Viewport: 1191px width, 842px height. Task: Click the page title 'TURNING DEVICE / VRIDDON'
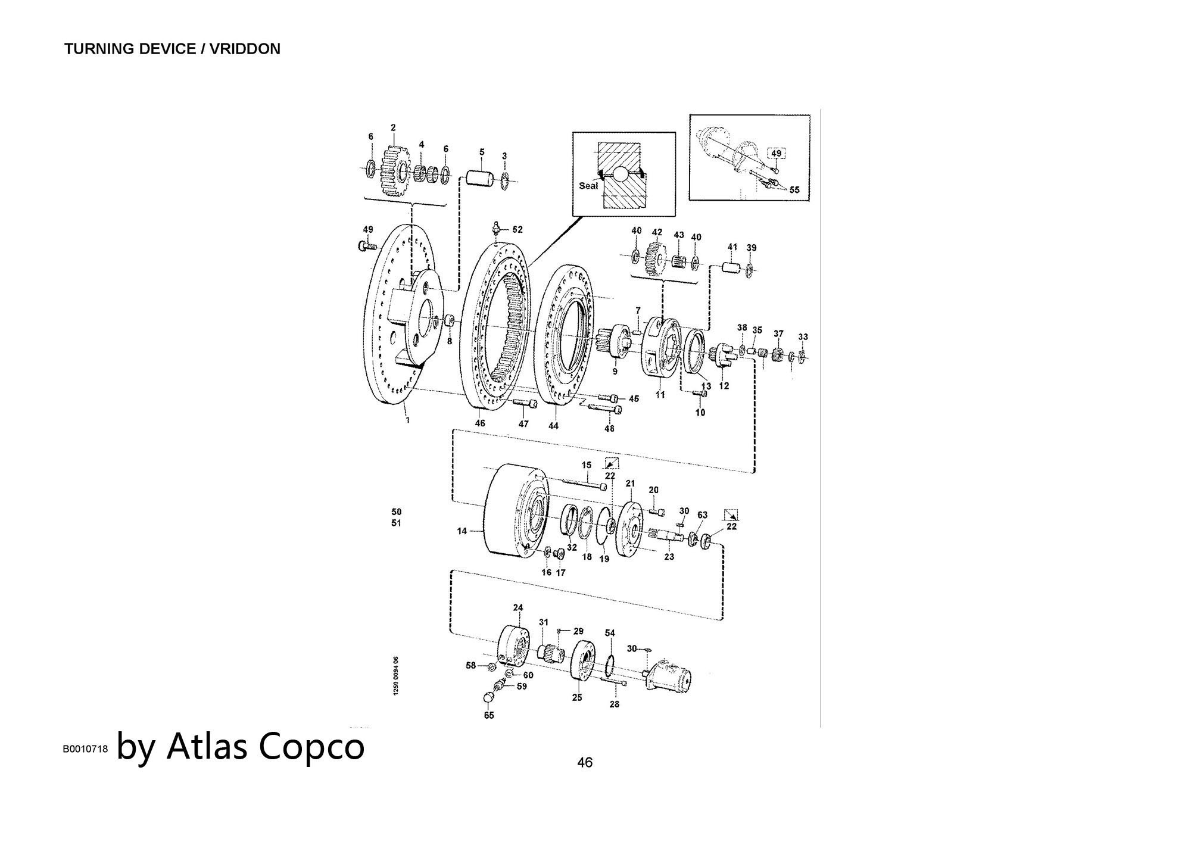coord(172,49)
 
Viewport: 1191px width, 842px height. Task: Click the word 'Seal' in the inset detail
coord(588,186)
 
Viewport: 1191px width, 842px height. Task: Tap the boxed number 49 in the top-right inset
coord(776,153)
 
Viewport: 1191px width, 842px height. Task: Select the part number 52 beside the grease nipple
coord(517,229)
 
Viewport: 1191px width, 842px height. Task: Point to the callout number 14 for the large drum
coord(462,531)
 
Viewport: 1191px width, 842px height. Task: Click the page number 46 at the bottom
coord(585,762)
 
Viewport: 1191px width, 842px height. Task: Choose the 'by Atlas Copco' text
coord(241,746)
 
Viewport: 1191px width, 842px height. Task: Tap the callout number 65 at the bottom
coord(489,715)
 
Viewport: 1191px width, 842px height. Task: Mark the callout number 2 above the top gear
coord(393,127)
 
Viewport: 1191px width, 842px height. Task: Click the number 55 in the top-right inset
coord(794,191)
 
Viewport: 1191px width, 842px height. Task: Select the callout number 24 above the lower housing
coord(518,608)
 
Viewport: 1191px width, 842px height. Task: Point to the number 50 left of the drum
coord(397,512)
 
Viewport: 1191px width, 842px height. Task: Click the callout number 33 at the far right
coord(803,337)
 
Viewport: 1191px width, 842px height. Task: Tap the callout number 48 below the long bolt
coord(609,428)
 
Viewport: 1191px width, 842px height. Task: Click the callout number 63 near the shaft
coord(703,515)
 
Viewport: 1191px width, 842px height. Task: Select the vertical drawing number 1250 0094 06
coord(397,675)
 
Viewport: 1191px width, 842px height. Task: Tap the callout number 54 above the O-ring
coord(610,633)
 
